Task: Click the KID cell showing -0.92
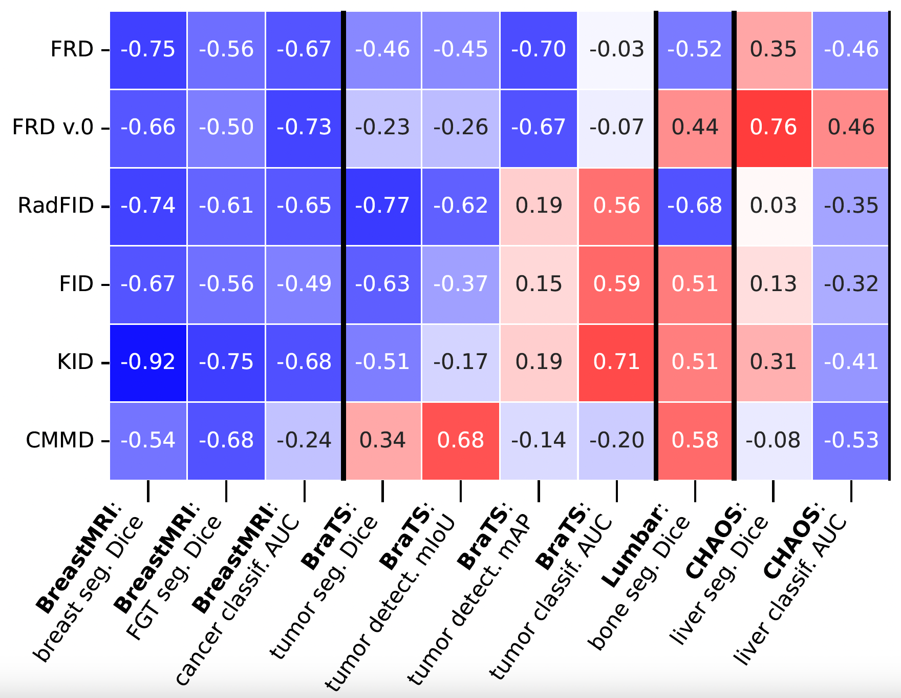coord(148,362)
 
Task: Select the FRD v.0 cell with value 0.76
coord(773,128)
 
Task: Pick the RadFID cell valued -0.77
coord(382,206)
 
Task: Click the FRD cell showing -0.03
coord(616,50)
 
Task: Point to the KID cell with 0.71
coord(616,362)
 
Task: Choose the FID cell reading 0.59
coord(616,284)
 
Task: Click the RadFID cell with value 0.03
coord(773,206)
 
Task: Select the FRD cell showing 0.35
coord(773,50)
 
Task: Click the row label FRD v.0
coord(53,128)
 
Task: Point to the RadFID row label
coord(56,206)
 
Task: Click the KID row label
coord(75,362)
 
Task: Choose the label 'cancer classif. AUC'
coord(238,600)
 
